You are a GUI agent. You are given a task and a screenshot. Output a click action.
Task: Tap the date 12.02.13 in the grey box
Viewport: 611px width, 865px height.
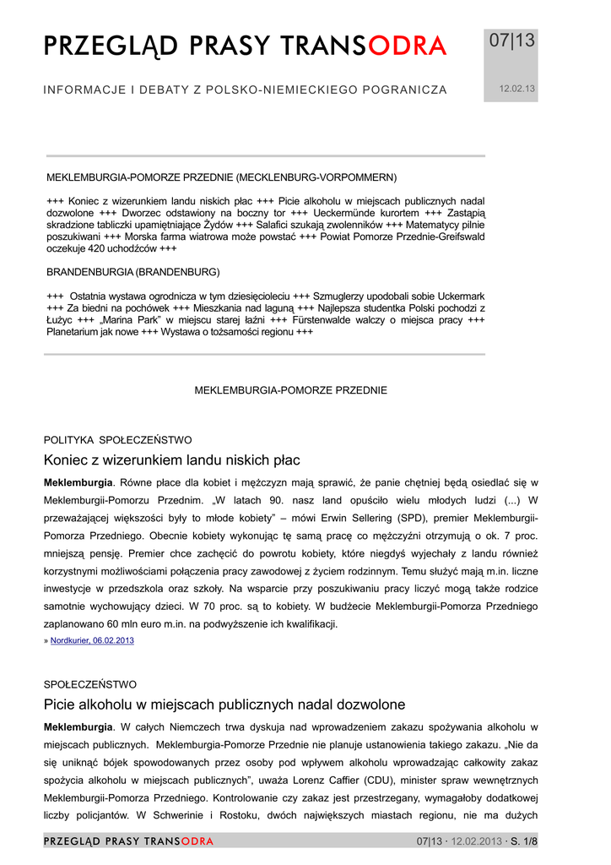(511, 88)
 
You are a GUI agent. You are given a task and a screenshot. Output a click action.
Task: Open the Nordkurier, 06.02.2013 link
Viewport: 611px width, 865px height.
(92, 640)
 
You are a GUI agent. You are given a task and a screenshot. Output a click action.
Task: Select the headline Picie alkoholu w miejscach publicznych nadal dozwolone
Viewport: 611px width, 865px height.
(224, 705)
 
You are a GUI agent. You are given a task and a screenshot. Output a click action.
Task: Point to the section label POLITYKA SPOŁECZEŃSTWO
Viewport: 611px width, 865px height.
(117, 440)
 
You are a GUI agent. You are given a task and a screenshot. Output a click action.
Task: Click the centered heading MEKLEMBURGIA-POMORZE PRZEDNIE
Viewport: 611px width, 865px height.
(291, 390)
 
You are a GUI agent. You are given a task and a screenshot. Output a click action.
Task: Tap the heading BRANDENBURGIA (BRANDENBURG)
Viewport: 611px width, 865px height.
(132, 272)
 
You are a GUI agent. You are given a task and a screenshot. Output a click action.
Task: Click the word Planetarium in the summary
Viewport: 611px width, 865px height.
(74, 332)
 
